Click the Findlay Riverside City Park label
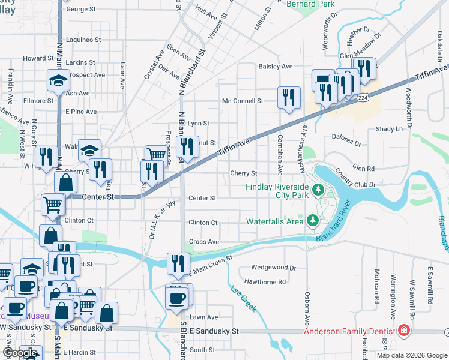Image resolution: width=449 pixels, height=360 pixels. tap(276, 191)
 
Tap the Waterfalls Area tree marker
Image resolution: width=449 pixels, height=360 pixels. tap(312, 221)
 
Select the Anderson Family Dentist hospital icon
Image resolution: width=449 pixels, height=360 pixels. tap(405, 331)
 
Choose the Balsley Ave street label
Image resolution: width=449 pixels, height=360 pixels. tap(275, 66)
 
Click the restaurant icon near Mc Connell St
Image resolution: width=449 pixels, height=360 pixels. tap(289, 96)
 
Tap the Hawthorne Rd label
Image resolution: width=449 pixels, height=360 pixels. tap(265, 281)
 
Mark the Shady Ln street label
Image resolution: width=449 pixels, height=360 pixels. tap(389, 129)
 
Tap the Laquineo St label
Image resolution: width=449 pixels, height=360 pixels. tap(83, 40)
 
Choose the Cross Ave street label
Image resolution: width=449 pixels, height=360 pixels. tap(204, 242)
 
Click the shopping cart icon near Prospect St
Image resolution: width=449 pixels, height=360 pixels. tap(156, 154)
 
